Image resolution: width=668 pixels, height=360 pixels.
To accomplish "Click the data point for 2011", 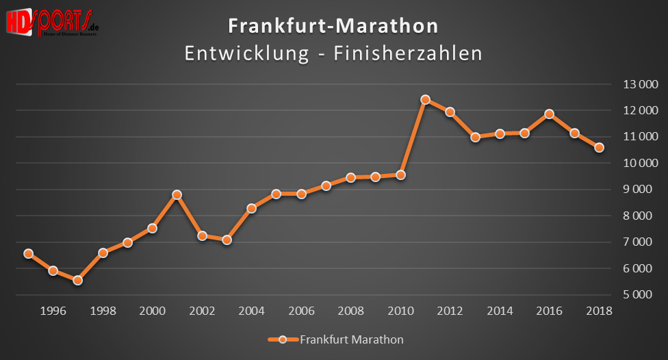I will [425, 100].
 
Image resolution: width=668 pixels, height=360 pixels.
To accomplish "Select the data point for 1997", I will [78, 281].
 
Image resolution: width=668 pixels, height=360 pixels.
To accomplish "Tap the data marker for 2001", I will [177, 195].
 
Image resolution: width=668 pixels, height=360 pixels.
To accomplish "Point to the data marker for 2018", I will [599, 148].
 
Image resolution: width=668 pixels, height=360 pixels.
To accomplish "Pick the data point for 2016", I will [549, 114].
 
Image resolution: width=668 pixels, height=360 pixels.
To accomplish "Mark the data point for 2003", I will [227, 240].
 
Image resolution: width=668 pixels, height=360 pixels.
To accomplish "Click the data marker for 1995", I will [28, 253].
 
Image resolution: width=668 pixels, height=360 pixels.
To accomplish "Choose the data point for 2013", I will [475, 137].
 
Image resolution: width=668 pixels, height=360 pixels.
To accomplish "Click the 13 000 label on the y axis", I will [640, 84].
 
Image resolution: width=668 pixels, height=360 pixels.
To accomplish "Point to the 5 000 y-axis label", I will [640, 295].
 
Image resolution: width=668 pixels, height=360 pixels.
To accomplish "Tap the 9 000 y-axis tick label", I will [640, 190].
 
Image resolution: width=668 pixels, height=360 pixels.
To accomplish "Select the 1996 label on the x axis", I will [53, 311].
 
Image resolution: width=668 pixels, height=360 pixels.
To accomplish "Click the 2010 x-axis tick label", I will [400, 311].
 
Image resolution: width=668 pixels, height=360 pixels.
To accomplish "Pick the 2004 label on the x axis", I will [251, 311].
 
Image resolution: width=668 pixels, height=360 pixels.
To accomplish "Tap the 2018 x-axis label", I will [599, 311].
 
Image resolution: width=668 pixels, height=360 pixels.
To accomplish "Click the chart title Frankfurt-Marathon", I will [333, 26].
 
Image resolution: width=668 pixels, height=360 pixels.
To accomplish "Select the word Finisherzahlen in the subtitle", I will [408, 53].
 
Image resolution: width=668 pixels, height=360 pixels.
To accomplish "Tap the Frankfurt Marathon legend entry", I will [335, 339].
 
